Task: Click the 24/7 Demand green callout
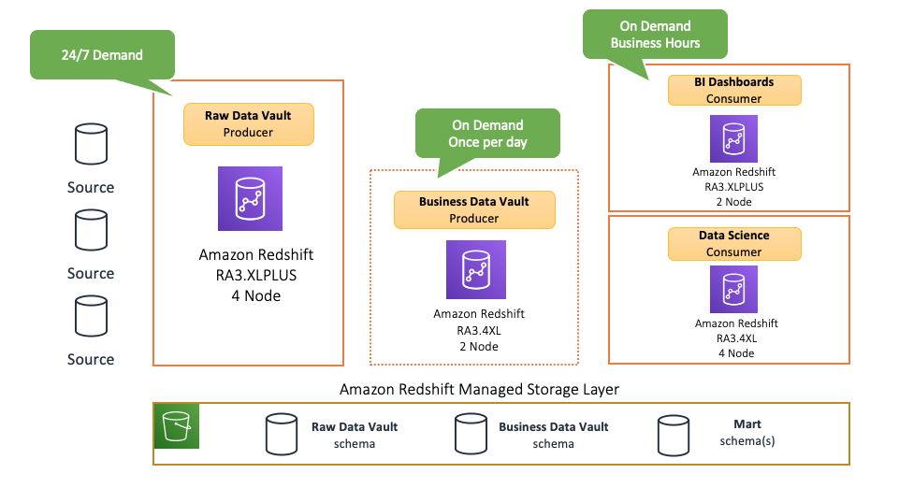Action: pos(103,54)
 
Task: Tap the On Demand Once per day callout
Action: pos(487,133)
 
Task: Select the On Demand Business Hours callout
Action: pos(655,35)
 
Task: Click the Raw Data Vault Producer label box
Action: pos(248,123)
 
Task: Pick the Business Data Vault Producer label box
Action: pos(473,209)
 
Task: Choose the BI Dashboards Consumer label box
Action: pos(733,90)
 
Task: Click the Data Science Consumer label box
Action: pos(733,243)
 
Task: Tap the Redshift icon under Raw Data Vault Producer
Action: pos(249,198)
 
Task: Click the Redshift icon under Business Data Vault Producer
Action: pos(475,270)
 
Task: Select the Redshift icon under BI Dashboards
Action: pos(733,139)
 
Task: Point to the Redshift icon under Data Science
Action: pos(733,291)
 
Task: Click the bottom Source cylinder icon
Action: pos(91,318)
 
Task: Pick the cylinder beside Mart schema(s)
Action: pos(674,434)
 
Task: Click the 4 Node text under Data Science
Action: pos(735,353)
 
